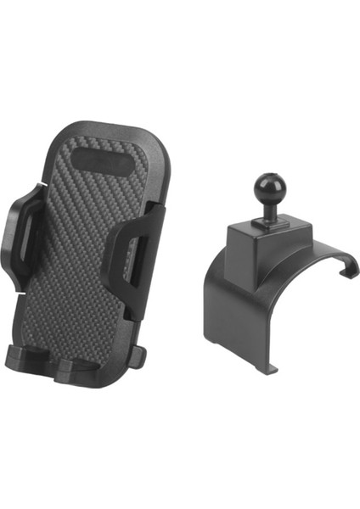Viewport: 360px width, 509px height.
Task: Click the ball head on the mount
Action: (x=265, y=191)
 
